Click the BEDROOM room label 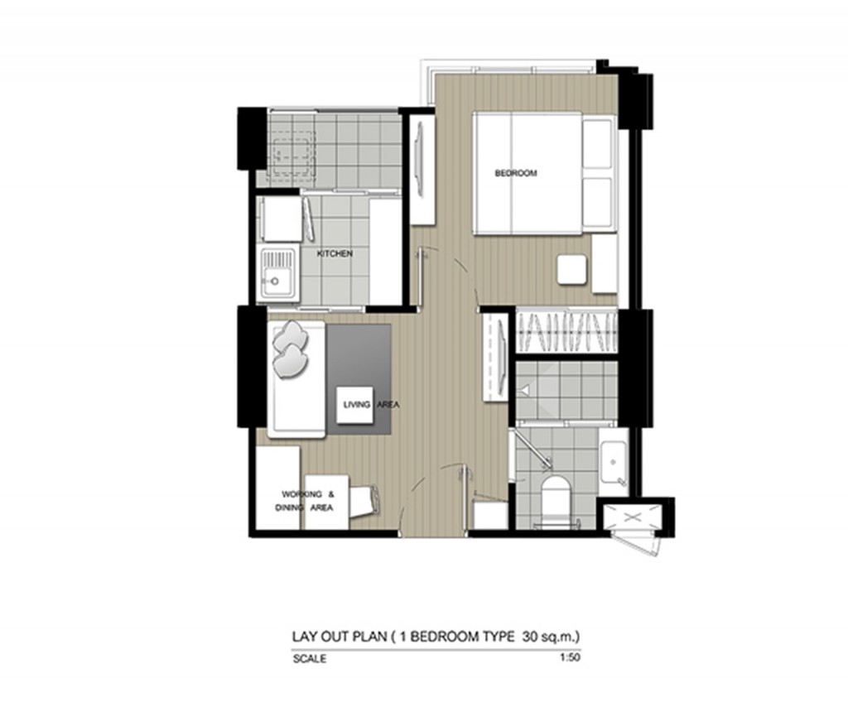[x=515, y=174]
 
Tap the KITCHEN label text [x=335, y=254]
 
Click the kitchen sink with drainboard [x=277, y=274]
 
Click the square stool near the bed [x=571, y=269]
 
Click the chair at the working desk [x=364, y=500]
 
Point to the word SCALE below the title [x=309, y=660]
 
